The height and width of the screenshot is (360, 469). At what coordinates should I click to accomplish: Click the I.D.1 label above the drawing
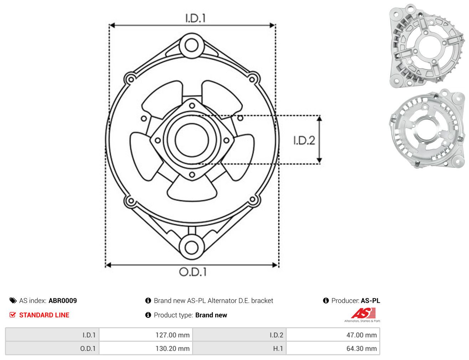pos(195,18)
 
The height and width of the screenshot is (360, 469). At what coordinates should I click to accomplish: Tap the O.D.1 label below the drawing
pos(193,272)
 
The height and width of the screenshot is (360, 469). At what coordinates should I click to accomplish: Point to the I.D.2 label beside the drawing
pos(304,140)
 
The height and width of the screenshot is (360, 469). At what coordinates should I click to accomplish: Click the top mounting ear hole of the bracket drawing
pos(192,46)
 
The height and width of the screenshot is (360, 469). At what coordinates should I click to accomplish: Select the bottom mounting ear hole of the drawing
pos(192,247)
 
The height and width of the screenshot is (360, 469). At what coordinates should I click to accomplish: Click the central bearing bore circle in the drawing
pos(192,140)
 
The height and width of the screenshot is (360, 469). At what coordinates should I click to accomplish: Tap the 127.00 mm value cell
pos(146,335)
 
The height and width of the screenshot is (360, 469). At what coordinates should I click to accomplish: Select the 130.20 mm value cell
pos(146,348)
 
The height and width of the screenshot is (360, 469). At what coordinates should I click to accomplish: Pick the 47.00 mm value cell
pos(333,335)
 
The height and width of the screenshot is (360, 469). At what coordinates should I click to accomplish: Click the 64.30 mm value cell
pos(333,348)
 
